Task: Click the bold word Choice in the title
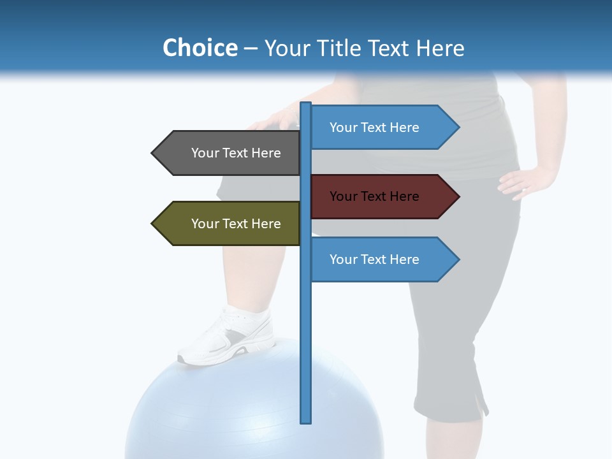click(200, 48)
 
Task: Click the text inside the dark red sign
click(374, 196)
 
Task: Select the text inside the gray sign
click(236, 153)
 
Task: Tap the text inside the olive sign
click(236, 224)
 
